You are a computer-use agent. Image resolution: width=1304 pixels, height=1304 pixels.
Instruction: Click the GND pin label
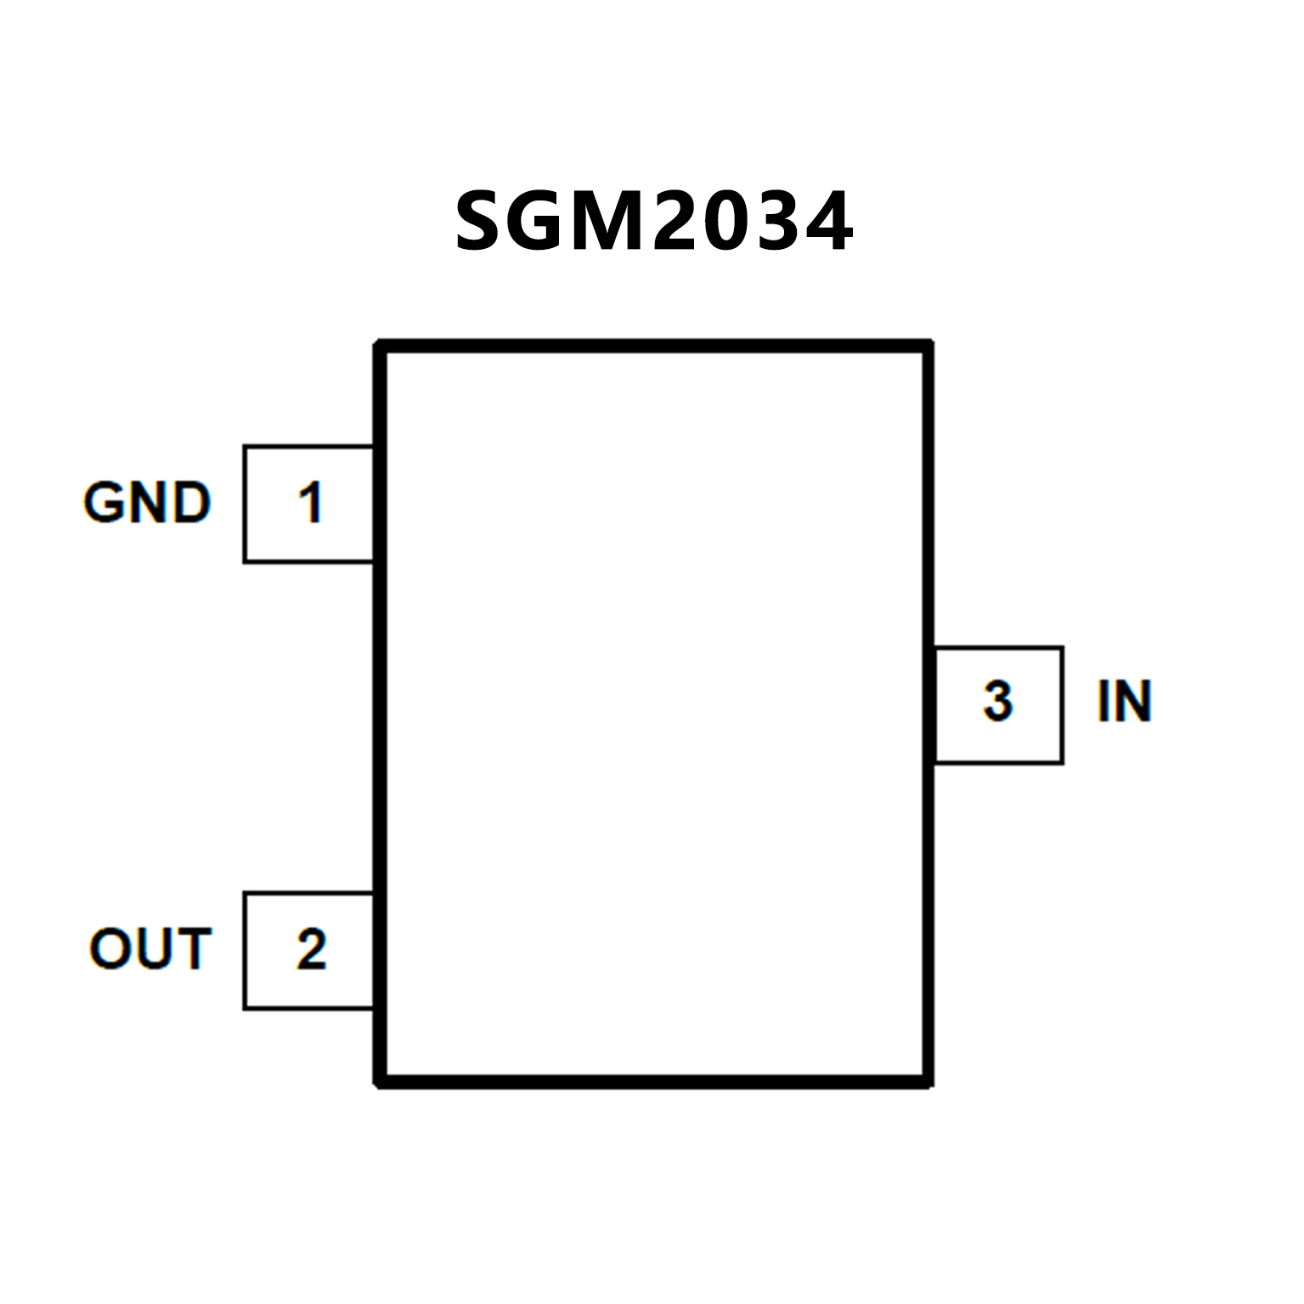coord(147,502)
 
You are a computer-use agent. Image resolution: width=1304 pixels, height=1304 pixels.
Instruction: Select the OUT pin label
coord(150,949)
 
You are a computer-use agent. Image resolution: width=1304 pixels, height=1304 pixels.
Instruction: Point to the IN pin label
coord(1124,702)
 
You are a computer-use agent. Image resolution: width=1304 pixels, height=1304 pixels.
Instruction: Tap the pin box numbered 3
coord(998,704)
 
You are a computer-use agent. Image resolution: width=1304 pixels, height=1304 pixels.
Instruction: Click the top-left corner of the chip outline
coord(381,346)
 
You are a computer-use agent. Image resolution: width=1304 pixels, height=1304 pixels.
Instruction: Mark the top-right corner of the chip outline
coord(929,346)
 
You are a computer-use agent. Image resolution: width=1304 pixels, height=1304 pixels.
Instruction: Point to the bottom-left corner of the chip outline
coord(381,1081)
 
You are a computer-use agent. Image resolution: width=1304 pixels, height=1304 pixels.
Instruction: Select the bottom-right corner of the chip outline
coord(929,1081)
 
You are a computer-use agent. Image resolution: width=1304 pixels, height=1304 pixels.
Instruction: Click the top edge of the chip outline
coord(654,346)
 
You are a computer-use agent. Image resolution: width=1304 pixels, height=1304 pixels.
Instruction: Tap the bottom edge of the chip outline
coord(654,1081)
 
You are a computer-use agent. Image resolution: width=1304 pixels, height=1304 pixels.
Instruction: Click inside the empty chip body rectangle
coord(654,714)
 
